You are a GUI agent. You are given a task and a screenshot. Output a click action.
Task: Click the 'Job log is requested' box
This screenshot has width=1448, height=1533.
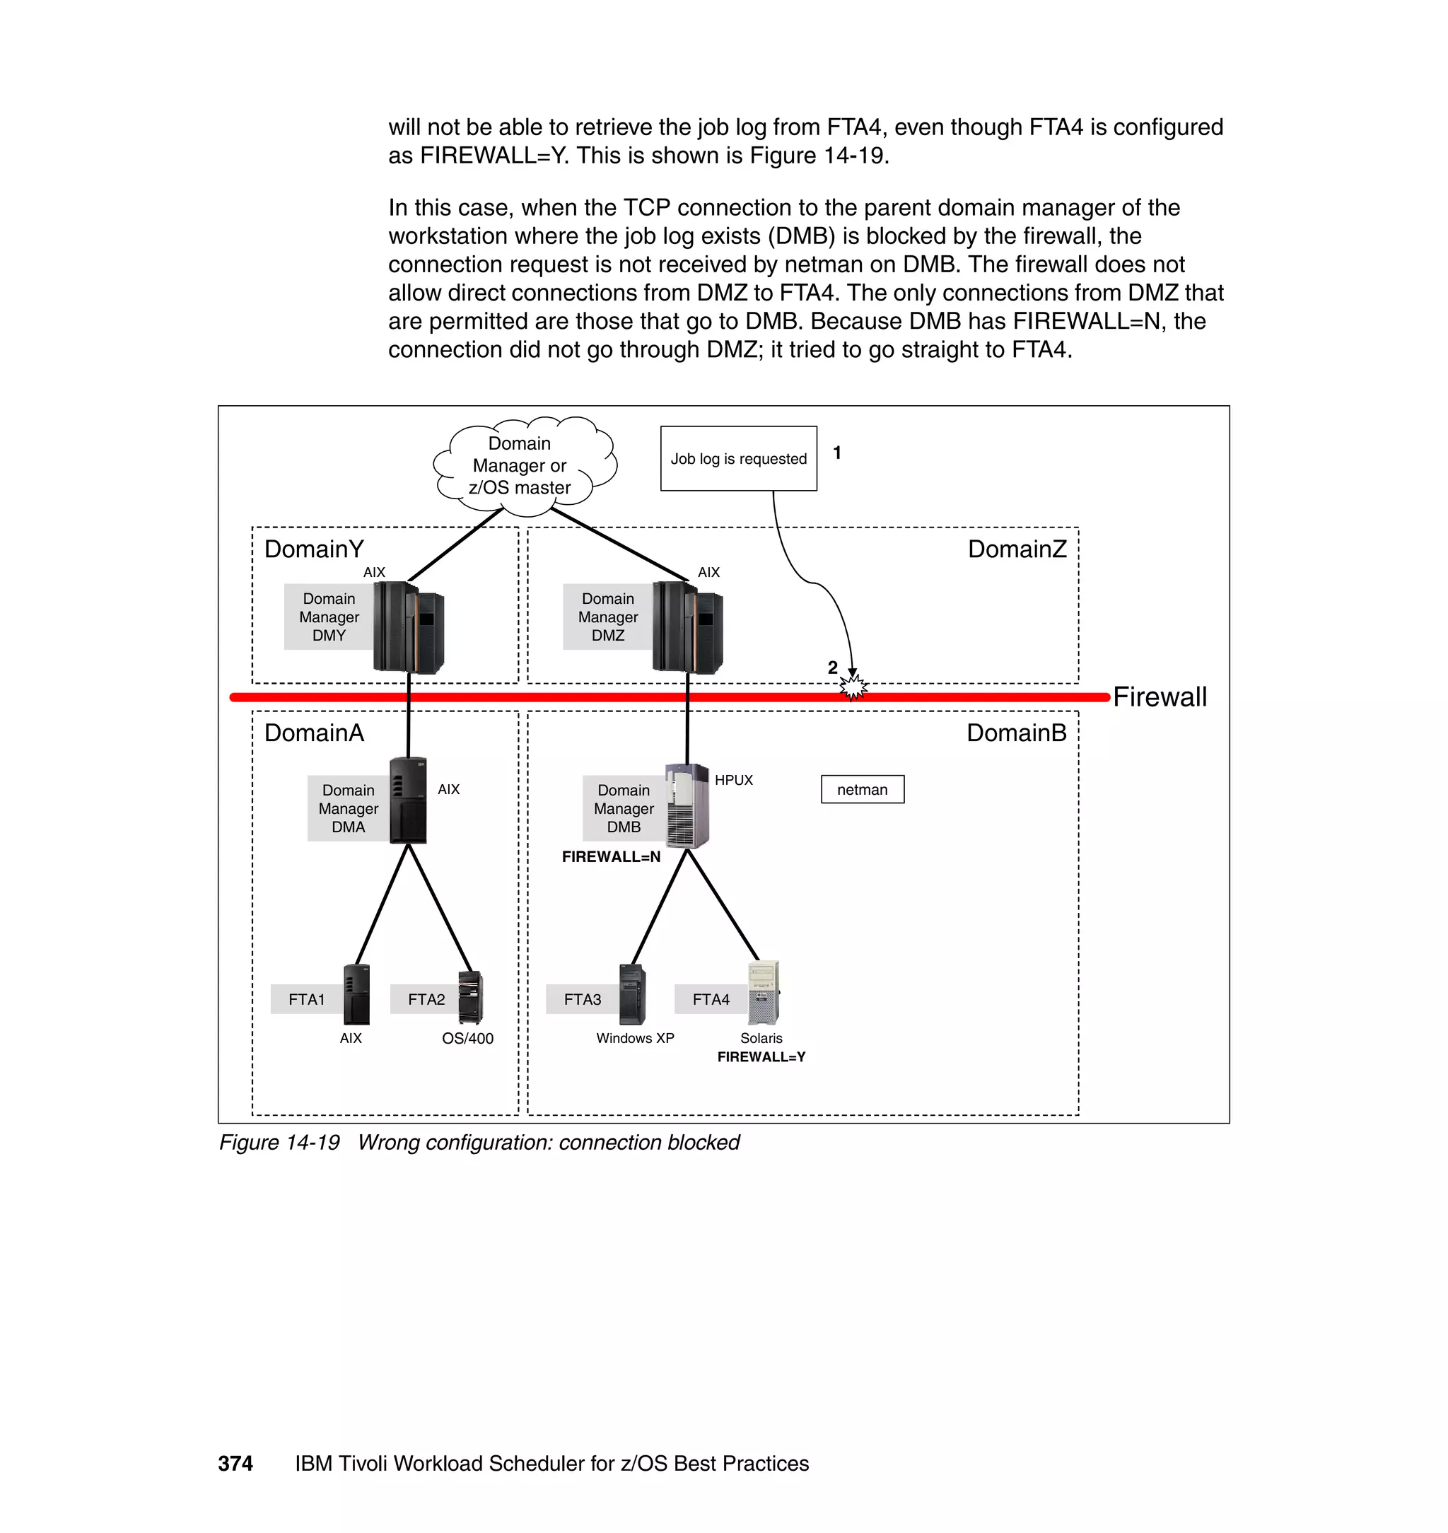[738, 458]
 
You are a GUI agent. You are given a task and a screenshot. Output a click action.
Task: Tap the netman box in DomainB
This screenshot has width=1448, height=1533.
[862, 790]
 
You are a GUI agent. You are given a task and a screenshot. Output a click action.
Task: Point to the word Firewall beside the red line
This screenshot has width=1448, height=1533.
[1159, 697]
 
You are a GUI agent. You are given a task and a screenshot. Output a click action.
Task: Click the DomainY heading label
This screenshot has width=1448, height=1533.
[313, 549]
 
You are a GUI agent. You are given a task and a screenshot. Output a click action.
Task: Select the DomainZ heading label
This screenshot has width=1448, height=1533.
[1017, 549]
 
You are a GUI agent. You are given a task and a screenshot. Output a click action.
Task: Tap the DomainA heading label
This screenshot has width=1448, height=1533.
[313, 733]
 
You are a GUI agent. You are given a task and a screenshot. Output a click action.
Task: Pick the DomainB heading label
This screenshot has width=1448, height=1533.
[1016, 733]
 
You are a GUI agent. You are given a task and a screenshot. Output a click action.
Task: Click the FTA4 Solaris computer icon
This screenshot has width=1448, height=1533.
[764, 992]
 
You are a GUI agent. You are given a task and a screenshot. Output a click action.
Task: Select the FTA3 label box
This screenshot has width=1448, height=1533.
[582, 1000]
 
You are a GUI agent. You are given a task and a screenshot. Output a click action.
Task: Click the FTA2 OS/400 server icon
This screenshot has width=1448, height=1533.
[470, 997]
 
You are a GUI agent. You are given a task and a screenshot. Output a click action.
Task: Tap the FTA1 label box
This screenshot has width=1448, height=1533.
[306, 1000]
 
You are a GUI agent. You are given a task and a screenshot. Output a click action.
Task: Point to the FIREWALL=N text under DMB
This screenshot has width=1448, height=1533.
[611, 857]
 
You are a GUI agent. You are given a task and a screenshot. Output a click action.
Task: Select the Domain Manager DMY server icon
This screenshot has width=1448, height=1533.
[409, 626]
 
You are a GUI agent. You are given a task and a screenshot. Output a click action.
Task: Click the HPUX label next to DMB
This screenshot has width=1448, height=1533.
[733, 781]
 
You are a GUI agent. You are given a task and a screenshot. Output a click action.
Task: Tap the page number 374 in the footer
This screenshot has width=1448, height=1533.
[235, 1464]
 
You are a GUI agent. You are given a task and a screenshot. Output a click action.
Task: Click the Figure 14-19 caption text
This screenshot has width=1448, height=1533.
[479, 1143]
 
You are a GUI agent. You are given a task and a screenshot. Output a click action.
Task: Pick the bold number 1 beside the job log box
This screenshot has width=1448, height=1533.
[836, 453]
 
